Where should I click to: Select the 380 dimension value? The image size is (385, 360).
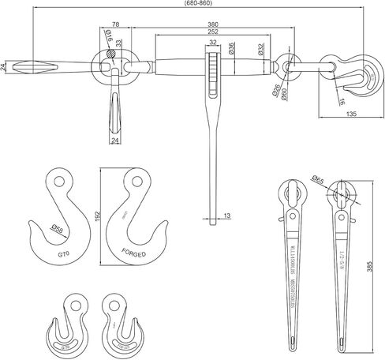(213, 24)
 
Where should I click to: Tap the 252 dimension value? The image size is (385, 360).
(213, 34)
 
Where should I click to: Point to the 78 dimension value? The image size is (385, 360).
(116, 24)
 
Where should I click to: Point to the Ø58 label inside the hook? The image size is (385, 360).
(58, 229)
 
